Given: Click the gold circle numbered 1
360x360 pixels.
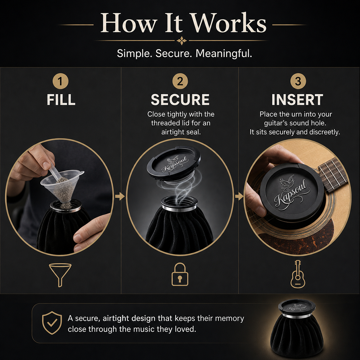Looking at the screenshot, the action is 60,81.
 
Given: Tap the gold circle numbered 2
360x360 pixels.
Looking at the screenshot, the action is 180,81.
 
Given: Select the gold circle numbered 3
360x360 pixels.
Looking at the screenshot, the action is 298,81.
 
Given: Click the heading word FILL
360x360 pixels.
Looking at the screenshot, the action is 61,100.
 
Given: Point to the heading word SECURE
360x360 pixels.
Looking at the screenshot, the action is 180,100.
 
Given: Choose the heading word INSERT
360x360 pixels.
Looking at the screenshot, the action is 297,100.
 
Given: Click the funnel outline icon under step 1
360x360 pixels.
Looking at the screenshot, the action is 60,275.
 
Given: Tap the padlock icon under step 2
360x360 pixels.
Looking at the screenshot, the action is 180,274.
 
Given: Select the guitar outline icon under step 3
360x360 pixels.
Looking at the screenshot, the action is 298,274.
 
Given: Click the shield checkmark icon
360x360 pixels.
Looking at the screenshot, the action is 52,323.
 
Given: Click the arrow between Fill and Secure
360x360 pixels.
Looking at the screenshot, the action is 120,196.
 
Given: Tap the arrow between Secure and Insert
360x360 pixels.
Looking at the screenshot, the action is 239,196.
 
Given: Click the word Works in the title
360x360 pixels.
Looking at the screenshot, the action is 229,23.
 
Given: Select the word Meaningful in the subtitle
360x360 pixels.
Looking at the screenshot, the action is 224,53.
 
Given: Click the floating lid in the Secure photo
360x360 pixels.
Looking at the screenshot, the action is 174,163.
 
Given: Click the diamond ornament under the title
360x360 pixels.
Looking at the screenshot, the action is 182,41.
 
